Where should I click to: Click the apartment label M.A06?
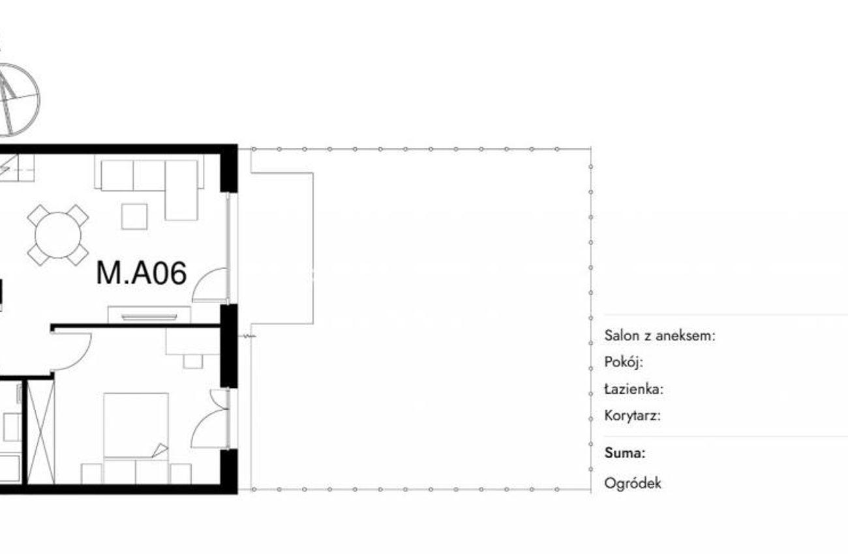142,273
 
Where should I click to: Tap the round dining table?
58,235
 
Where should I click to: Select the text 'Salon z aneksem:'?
660,336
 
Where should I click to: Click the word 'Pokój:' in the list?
624,362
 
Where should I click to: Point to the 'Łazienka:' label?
634,389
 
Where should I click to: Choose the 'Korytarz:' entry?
632,416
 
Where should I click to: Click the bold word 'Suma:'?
625,453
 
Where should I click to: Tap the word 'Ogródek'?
633,484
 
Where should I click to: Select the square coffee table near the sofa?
134,216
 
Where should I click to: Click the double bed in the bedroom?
136,438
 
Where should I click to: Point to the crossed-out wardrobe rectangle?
41,432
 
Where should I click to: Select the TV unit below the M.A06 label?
149,315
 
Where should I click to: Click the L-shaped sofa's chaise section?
181,190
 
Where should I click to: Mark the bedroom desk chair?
193,362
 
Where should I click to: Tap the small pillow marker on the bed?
160,450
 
